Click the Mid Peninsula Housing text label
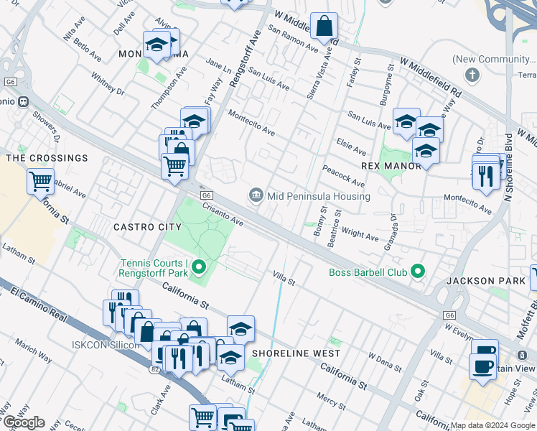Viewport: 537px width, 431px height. pyautogui.click(x=318, y=196)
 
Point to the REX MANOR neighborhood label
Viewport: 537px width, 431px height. pyautogui.click(x=391, y=166)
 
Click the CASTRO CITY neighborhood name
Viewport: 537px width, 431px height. pyautogui.click(x=147, y=227)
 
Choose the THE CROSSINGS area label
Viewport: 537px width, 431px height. pyautogui.click(x=47, y=158)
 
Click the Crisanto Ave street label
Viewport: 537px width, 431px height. pyautogui.click(x=223, y=213)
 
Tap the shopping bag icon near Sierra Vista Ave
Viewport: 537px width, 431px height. pyautogui.click(x=324, y=26)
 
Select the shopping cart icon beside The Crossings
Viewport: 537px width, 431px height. pyautogui.click(x=40, y=181)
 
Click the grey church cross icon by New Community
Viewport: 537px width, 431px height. pyautogui.click(x=472, y=75)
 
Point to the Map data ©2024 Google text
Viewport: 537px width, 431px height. pyautogui.click(x=492, y=425)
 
